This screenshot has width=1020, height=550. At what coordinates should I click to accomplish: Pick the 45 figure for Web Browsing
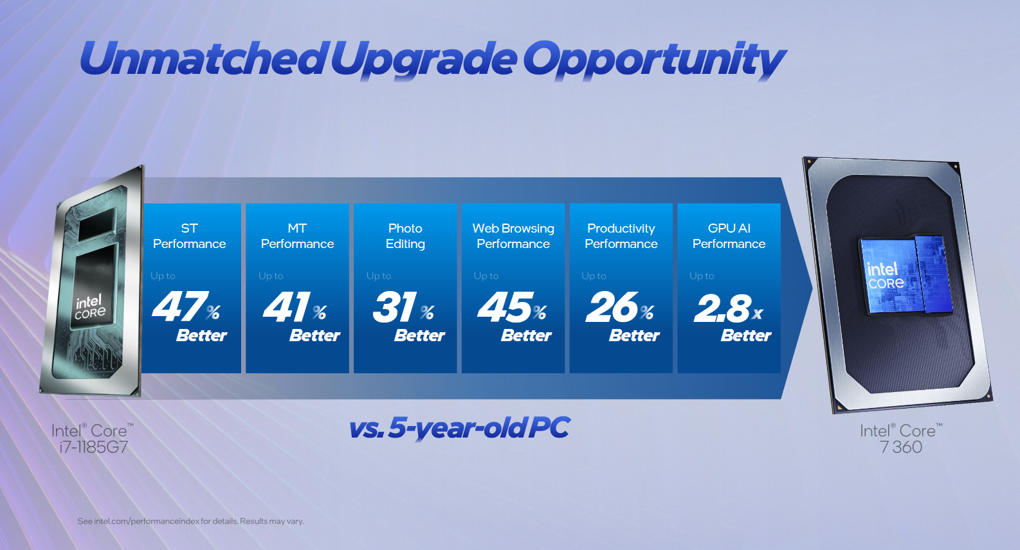pos(505,307)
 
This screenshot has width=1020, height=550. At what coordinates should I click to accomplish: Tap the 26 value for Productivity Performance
pos(612,307)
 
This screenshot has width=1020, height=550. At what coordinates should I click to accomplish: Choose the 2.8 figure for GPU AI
pos(722,308)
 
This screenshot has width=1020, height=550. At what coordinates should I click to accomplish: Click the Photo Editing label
pos(405,236)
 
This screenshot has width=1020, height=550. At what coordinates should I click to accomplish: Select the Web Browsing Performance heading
pos(513,236)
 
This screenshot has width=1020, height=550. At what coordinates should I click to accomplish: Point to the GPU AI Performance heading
pos(729,236)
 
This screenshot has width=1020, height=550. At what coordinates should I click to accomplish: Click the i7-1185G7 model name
pos(93,447)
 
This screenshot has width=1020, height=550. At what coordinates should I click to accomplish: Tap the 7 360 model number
pos(901,447)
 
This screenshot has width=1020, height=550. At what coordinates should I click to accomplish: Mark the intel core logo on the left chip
pos(90,308)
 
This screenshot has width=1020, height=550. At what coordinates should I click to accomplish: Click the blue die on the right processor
pos(906,275)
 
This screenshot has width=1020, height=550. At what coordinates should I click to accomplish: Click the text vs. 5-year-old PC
pos(459,428)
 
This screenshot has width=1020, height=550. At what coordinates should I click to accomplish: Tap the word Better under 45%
pos(526,336)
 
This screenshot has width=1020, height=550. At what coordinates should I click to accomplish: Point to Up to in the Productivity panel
pos(594,276)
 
